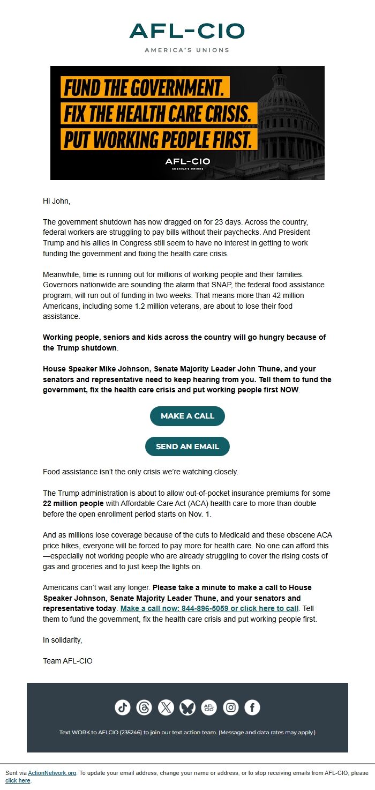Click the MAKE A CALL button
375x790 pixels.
[x=187, y=416]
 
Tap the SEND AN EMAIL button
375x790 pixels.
[x=187, y=446]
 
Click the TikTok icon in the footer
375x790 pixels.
[x=123, y=707]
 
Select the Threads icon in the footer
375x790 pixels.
[x=144, y=707]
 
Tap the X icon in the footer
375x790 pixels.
[x=166, y=707]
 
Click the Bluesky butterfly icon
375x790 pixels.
[x=187, y=707]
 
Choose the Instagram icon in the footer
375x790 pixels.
[x=231, y=707]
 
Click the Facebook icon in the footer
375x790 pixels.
[x=252, y=707]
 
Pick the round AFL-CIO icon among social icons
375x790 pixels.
[x=209, y=707]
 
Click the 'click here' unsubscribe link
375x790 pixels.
[x=18, y=780]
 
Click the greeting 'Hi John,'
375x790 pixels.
[x=56, y=202]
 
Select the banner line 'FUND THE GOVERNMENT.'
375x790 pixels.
[x=145, y=87]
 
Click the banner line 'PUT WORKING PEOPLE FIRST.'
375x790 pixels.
[x=159, y=139]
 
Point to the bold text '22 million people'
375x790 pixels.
[x=73, y=503]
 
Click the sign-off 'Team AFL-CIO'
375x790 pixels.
[x=67, y=661]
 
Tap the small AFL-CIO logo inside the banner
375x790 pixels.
[x=187, y=163]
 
